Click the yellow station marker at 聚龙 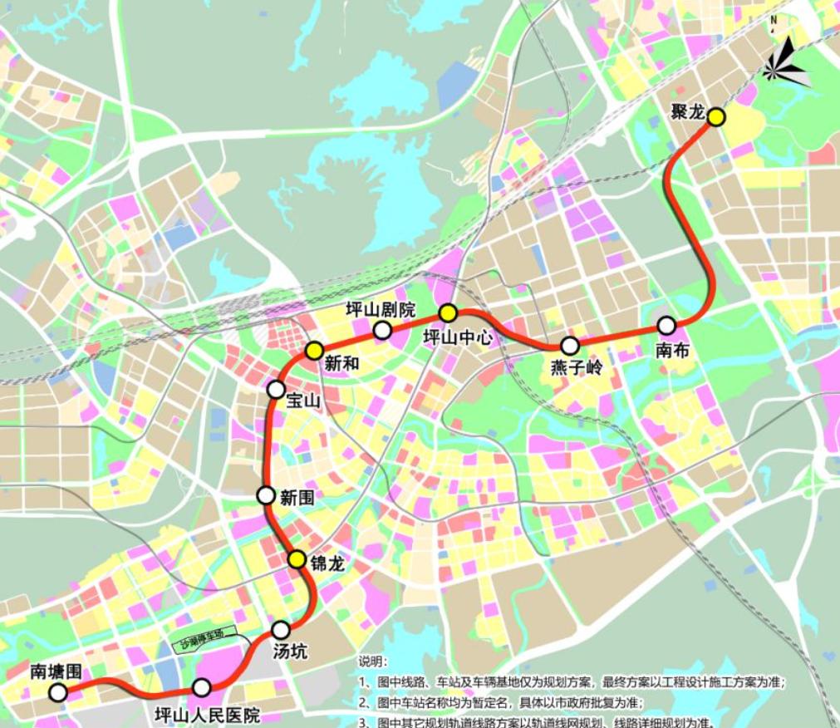point(716,117)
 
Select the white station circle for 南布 point(666,326)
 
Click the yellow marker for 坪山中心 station point(448,313)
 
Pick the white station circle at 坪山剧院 point(382,331)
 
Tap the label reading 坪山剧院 point(381,310)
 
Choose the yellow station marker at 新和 point(314,351)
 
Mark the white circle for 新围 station point(266,495)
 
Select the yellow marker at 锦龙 point(297,559)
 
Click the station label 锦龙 point(327,563)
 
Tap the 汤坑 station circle point(281,630)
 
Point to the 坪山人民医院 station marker point(201,687)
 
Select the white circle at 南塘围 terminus point(57,692)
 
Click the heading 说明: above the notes point(373,662)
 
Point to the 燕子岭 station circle point(570,346)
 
